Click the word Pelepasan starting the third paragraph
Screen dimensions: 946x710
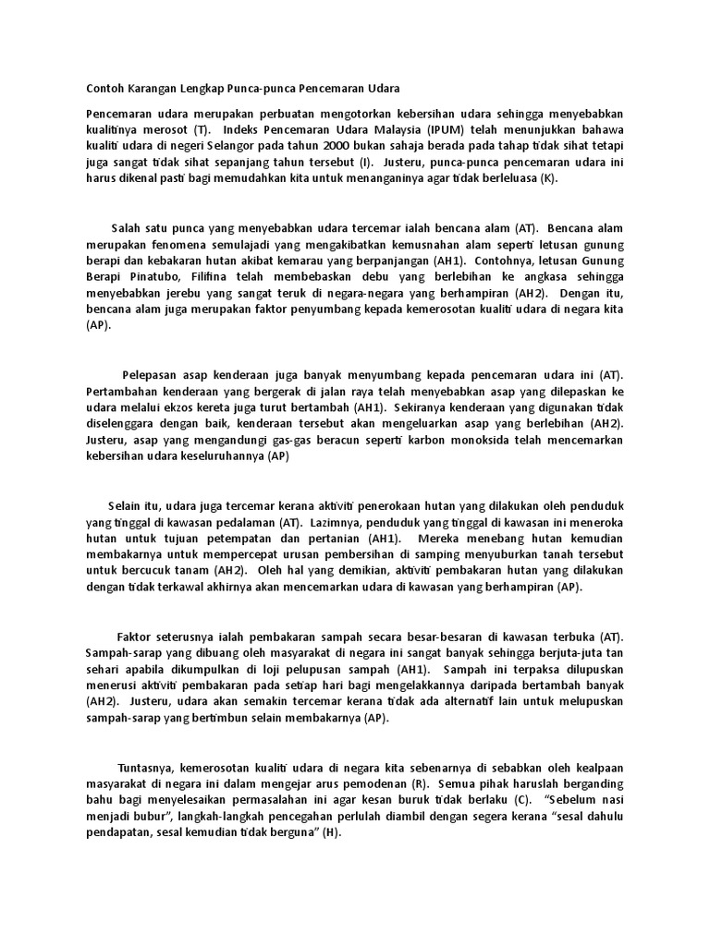pos(153,374)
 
